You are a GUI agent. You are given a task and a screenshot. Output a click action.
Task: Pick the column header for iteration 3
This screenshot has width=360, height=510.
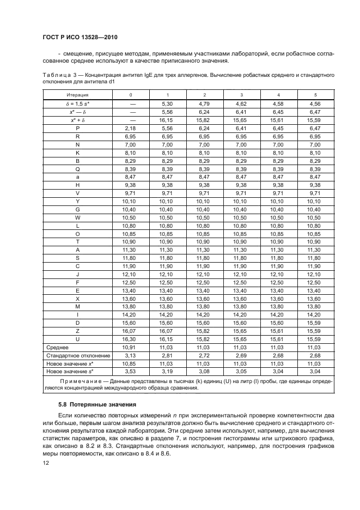pyautogui.click(x=241, y=95)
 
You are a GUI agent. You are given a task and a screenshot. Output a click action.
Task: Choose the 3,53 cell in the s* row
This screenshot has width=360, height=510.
pyautogui.click(x=130, y=372)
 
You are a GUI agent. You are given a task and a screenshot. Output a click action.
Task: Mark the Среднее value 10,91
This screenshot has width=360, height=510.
pyautogui.click(x=130, y=347)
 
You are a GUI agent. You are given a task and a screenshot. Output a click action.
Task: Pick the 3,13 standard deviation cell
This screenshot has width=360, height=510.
pyautogui.click(x=130, y=355)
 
